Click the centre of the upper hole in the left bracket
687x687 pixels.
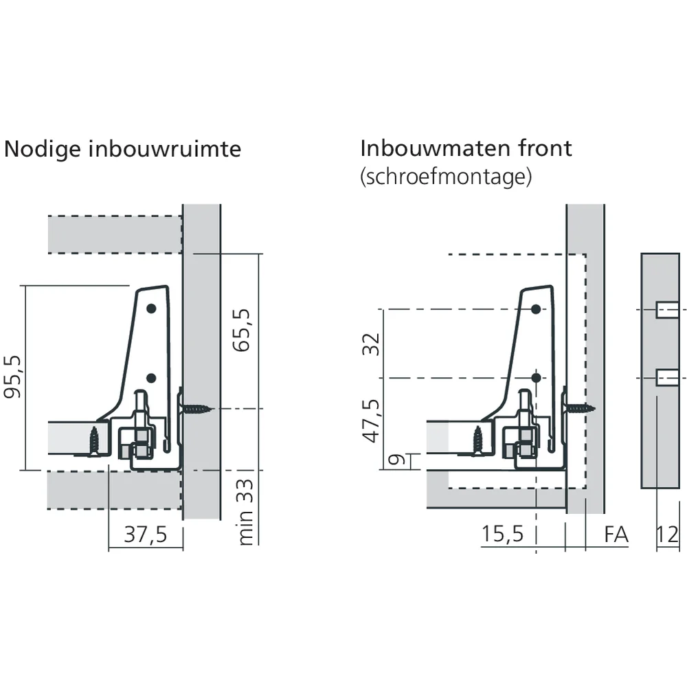click(x=151, y=308)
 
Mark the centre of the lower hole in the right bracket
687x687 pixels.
click(x=536, y=378)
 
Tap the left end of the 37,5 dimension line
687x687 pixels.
click(x=109, y=548)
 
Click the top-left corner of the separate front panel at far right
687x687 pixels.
click(x=641, y=254)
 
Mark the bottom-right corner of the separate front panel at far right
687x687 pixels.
click(x=679, y=488)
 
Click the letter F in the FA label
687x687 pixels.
click(x=609, y=534)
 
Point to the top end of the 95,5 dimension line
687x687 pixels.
click(x=25, y=286)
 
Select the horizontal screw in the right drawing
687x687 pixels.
click(x=578, y=409)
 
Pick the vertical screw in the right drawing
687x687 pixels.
click(x=477, y=440)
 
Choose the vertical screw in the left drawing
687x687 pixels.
click(x=94, y=441)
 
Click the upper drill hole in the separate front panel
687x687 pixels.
click(x=667, y=310)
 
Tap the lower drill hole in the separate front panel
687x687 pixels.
click(x=667, y=378)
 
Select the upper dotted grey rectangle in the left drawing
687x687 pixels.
click(x=115, y=234)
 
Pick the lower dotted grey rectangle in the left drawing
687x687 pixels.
click(x=114, y=490)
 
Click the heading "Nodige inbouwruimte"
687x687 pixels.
click(x=122, y=149)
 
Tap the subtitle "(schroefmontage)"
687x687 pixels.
click(x=446, y=177)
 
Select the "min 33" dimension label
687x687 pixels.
click(x=245, y=512)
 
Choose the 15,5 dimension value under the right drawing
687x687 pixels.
click(x=502, y=534)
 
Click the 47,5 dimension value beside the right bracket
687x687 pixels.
click(x=372, y=420)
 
